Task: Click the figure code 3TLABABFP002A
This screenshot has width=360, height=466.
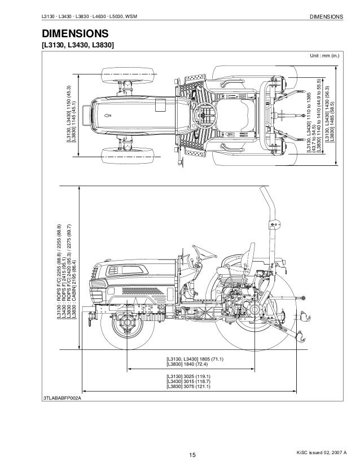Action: pyautogui.click(x=63, y=398)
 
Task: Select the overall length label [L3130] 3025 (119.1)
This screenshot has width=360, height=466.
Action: pyautogui.click(x=188, y=375)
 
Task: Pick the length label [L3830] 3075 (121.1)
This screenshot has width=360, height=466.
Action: pyautogui.click(x=188, y=386)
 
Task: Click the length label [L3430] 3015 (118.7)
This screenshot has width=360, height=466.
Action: pyautogui.click(x=188, y=381)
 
